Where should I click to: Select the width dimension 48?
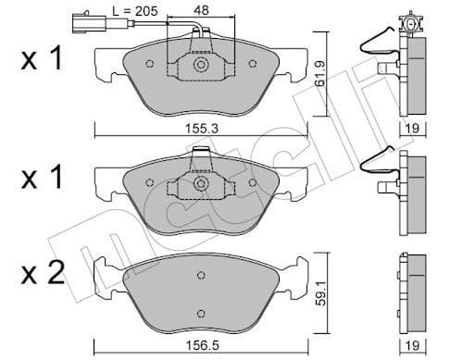click(x=201, y=11)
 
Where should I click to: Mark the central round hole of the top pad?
click(x=200, y=65)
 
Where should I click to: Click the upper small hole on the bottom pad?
click(x=200, y=276)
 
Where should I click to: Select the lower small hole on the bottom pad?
click(x=200, y=312)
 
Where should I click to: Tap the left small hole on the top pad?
click(x=148, y=63)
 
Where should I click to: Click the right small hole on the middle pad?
click(x=252, y=181)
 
